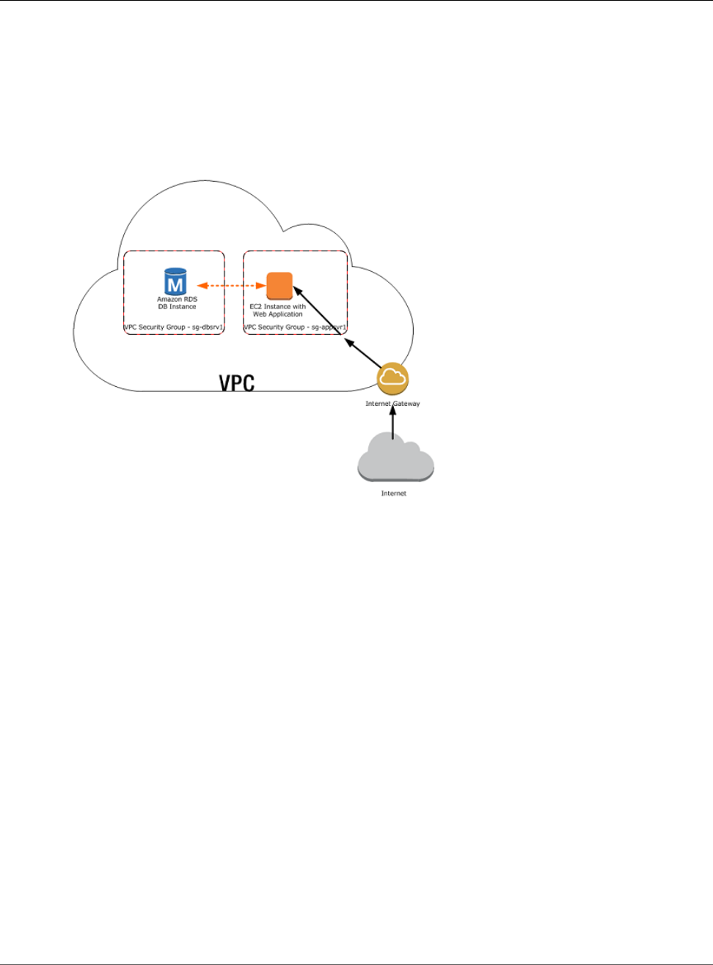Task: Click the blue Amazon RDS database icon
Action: (175, 282)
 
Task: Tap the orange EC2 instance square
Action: (279, 286)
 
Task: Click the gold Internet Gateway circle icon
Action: (392, 378)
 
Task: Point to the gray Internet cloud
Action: (395, 459)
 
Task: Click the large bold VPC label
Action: (237, 382)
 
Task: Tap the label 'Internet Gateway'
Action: (392, 404)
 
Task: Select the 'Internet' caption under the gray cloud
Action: (394, 494)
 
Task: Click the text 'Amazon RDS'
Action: (177, 300)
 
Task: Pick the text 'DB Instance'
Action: (177, 307)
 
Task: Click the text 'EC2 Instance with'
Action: (278, 307)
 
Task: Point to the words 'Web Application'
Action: (278, 314)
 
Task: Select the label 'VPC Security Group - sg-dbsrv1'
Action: (173, 328)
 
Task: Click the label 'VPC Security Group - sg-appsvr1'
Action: (295, 328)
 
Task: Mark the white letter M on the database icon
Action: (175, 284)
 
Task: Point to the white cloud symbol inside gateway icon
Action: (392, 377)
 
